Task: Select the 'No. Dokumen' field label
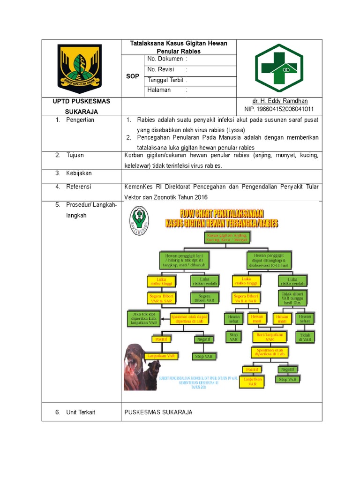tap(165, 59)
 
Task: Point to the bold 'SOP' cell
tap(133, 76)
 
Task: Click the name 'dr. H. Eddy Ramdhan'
tap(280, 101)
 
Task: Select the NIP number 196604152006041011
tap(279, 109)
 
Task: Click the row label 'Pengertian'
tap(80, 120)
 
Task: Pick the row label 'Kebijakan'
tap(79, 173)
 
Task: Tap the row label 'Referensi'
tap(79, 187)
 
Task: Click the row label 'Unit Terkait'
tap(81, 412)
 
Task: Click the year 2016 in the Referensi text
tap(199, 197)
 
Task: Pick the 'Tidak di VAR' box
tap(305, 337)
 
